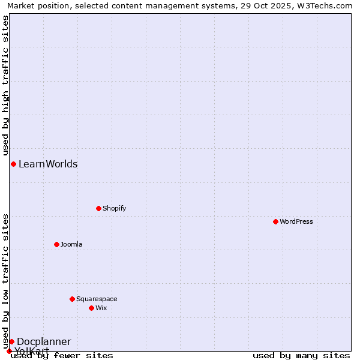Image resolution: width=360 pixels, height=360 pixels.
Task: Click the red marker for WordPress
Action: [275, 221]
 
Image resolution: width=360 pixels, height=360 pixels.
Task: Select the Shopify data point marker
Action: [98, 208]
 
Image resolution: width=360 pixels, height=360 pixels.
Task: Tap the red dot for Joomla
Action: [56, 244]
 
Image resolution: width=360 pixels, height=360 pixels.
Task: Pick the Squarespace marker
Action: [72, 299]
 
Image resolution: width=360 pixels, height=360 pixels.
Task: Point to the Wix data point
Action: [91, 308]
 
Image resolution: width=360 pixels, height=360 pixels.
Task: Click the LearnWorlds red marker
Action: [13, 164]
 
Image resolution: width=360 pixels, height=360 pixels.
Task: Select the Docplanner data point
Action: [11, 341]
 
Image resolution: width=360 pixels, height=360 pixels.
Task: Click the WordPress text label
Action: [296, 221]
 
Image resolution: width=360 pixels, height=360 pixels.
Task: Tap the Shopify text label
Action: [114, 208]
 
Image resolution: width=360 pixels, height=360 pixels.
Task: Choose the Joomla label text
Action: [71, 244]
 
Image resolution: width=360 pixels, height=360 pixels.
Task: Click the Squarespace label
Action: [97, 299]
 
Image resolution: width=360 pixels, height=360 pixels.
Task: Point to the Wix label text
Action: [101, 308]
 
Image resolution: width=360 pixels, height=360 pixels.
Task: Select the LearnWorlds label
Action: [48, 164]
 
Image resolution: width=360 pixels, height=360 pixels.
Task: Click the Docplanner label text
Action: [44, 341]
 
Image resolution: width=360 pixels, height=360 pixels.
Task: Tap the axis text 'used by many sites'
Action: [301, 355]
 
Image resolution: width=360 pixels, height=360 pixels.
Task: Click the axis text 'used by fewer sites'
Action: [62, 355]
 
